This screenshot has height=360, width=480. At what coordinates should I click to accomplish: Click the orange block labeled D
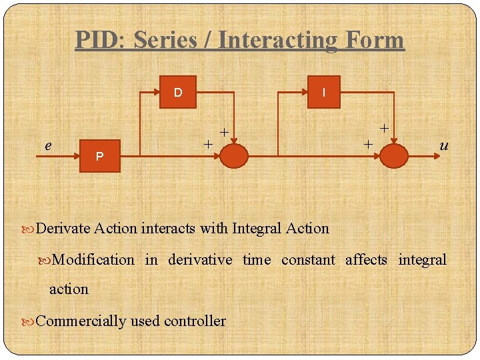(x=178, y=93)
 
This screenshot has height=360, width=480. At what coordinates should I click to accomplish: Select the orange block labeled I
(x=323, y=93)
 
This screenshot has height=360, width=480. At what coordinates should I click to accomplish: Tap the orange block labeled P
(x=99, y=156)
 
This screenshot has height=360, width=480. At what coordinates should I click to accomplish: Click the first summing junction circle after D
(x=233, y=155)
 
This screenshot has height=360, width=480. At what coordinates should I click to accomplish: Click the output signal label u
(x=443, y=145)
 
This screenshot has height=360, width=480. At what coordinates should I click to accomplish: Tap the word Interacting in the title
(x=278, y=40)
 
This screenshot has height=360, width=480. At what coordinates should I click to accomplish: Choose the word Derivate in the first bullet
(x=63, y=229)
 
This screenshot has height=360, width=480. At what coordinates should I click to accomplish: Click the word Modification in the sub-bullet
(x=92, y=259)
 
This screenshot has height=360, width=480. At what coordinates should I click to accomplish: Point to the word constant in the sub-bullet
(x=308, y=259)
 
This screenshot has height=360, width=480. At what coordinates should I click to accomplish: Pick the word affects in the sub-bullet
(x=366, y=259)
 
